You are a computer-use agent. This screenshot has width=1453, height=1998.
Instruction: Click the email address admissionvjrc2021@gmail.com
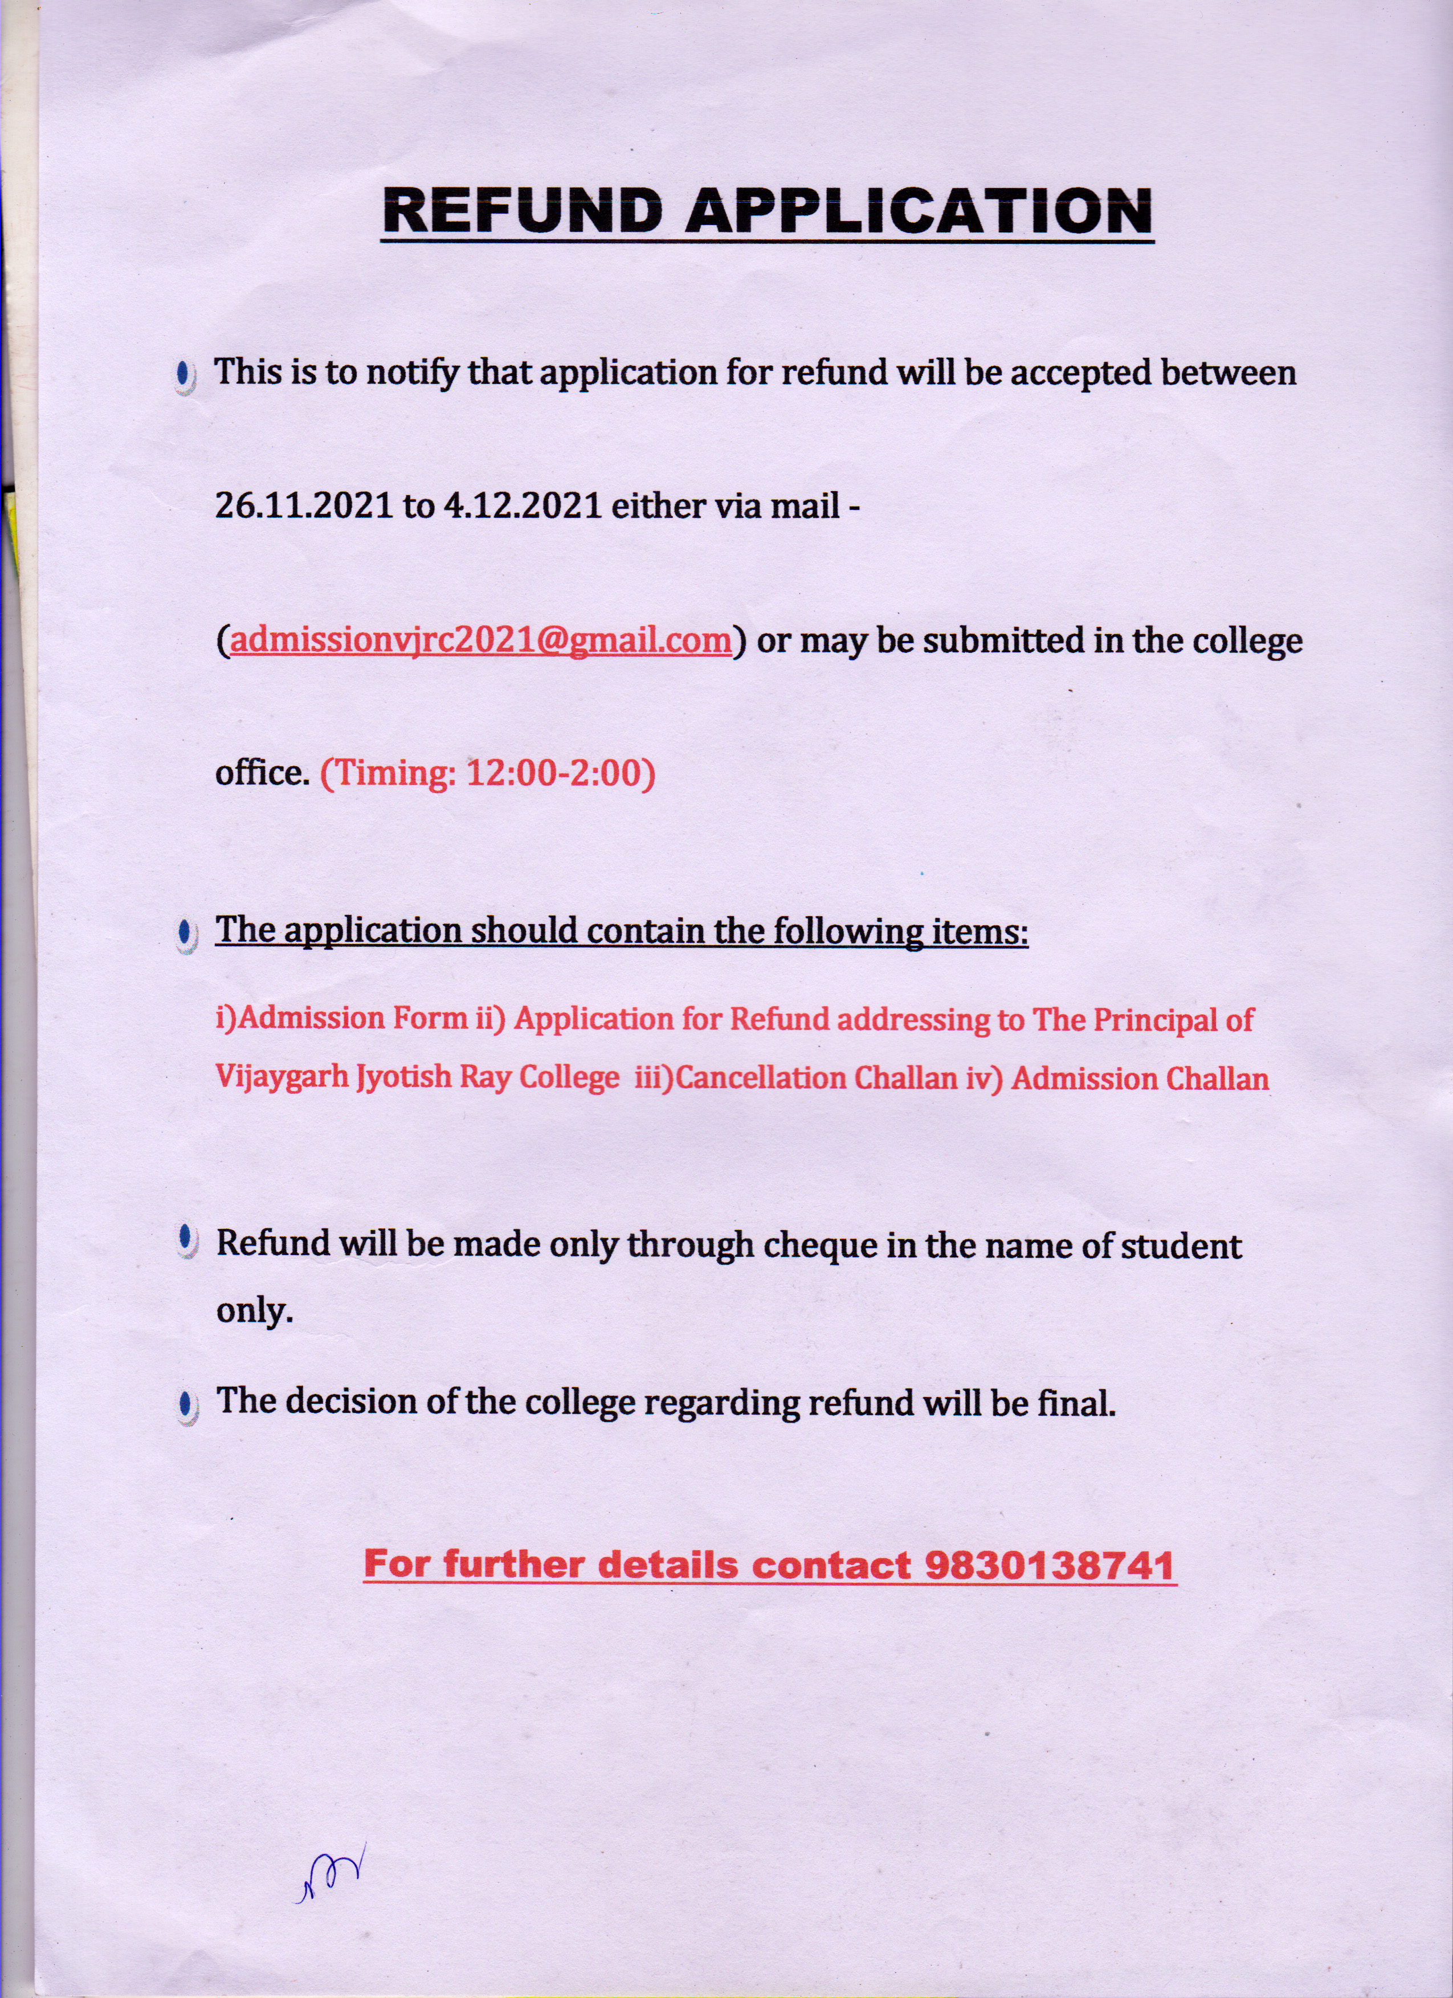480,640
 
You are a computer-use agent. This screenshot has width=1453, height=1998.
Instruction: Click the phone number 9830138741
1048,1564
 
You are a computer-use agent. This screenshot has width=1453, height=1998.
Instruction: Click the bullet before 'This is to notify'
184,376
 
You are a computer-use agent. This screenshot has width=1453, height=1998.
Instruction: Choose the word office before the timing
262,772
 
